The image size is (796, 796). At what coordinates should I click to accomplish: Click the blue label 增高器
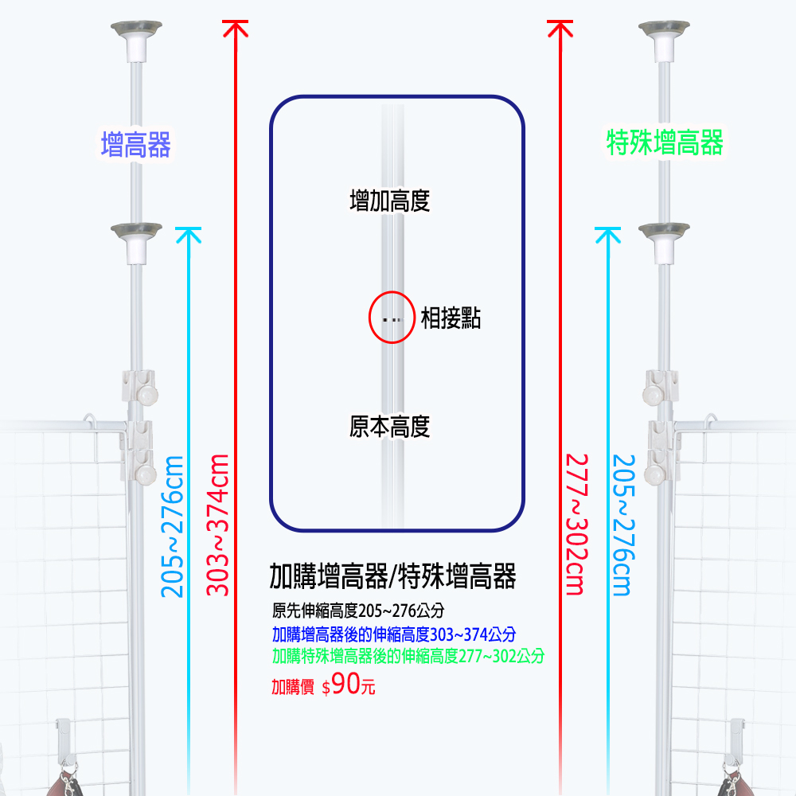click(135, 145)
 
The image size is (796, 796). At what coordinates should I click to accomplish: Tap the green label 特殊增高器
click(665, 142)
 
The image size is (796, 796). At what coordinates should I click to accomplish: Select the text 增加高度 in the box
click(390, 201)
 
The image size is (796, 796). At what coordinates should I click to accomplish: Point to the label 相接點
click(451, 318)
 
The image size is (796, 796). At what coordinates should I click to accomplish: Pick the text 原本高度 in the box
click(390, 427)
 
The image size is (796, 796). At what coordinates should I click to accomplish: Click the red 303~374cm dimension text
click(217, 525)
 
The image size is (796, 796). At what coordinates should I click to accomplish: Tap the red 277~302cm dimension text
click(577, 524)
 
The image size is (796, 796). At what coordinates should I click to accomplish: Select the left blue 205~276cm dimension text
click(172, 526)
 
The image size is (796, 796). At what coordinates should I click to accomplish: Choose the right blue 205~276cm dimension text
click(623, 525)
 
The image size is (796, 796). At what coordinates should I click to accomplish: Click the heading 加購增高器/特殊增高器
click(392, 576)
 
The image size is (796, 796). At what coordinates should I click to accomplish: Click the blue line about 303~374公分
click(394, 634)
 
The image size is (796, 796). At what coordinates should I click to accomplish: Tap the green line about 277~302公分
click(408, 656)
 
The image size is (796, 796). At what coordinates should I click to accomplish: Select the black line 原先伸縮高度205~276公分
click(358, 611)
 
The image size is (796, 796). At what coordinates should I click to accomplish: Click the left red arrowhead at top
click(236, 28)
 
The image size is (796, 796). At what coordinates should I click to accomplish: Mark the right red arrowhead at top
click(560, 28)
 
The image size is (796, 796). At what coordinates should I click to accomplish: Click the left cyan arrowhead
click(189, 235)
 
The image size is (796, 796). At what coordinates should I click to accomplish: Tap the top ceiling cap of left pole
click(137, 41)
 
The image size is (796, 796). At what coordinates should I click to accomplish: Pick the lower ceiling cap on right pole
click(664, 243)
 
